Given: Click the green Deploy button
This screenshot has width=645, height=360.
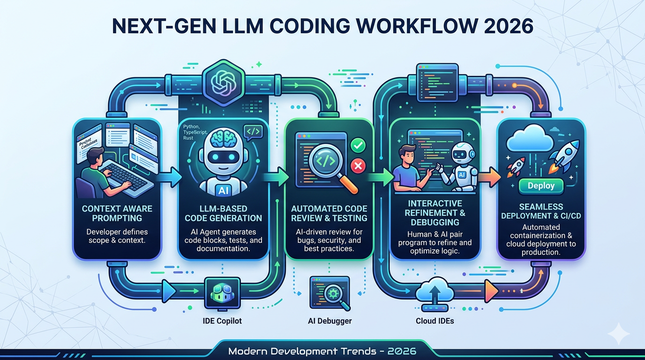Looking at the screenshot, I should (x=541, y=186).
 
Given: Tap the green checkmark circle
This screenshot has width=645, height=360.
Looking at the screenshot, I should (x=358, y=145).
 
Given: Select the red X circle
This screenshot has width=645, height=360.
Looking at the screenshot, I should (x=358, y=165).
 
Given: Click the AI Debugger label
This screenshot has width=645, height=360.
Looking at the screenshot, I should (x=330, y=321).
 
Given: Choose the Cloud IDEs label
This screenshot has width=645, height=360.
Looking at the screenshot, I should (x=435, y=321).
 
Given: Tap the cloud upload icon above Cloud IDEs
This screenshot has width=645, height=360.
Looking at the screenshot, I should (x=435, y=291).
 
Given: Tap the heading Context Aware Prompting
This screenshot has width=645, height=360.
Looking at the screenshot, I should (x=117, y=213).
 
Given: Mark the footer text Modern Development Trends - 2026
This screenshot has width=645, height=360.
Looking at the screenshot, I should (x=322, y=351).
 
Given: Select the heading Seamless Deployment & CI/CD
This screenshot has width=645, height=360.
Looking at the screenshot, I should (x=541, y=211).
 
